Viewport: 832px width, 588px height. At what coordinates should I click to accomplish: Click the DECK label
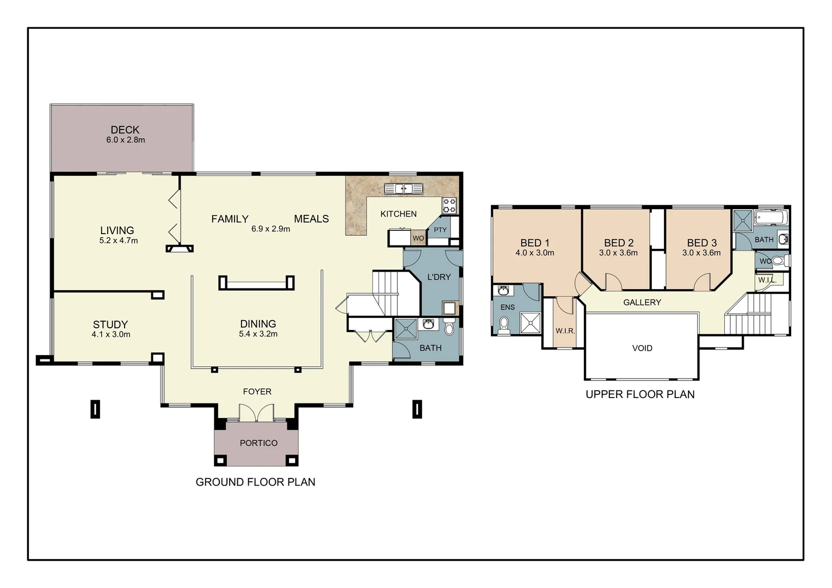[x=125, y=130]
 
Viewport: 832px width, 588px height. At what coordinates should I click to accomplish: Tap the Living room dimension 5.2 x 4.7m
[x=118, y=241]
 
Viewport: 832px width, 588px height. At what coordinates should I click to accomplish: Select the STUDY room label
[x=110, y=324]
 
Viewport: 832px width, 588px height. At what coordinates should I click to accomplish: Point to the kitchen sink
[x=403, y=189]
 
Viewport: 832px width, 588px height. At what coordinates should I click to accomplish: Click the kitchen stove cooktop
[x=449, y=205]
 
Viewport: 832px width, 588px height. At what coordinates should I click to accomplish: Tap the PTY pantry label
[x=440, y=230]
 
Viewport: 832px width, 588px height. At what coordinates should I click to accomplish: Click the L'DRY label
[x=439, y=277]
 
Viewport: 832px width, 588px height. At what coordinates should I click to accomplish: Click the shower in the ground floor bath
[x=404, y=328]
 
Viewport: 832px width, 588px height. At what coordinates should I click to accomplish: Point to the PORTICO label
[x=258, y=443]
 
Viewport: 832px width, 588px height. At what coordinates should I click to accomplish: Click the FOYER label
[x=257, y=391]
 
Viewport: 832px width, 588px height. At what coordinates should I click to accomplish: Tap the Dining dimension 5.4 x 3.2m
[x=258, y=334]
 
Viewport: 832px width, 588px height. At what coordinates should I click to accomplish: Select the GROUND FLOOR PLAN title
[x=255, y=482]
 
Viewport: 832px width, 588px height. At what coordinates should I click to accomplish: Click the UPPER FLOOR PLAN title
[x=640, y=394]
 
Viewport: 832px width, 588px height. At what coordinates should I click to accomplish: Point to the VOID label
[x=642, y=348]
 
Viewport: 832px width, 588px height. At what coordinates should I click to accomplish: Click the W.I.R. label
[x=565, y=331]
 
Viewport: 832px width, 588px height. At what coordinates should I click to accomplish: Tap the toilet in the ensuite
[x=504, y=325]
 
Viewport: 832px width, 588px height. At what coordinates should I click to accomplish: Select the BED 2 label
[x=619, y=243]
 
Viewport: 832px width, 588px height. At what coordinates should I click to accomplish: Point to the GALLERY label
[x=642, y=303]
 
